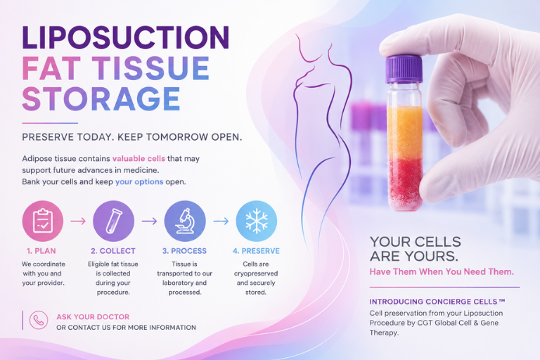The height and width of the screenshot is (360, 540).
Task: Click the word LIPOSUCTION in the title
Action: tap(125, 37)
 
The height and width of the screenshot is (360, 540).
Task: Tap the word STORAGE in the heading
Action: tap(101, 98)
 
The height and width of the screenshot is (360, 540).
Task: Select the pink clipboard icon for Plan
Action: tap(43, 221)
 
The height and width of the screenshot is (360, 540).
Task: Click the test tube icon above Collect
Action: tap(114, 221)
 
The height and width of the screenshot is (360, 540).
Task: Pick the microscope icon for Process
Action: tap(185, 221)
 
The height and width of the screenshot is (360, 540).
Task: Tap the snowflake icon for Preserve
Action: tap(257, 221)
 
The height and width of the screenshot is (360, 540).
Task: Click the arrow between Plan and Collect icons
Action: tap(78, 221)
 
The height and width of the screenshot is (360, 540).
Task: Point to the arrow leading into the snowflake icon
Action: tap(221, 221)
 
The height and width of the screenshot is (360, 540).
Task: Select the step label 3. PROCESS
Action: tap(185, 251)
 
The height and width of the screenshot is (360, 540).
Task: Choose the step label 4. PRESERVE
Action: tap(256, 251)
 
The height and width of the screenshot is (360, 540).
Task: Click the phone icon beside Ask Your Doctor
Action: tap(39, 320)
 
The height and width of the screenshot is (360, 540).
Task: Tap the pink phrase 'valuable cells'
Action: tap(139, 158)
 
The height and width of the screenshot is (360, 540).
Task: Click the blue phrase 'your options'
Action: tap(139, 181)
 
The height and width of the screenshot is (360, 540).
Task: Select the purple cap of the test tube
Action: tap(404, 69)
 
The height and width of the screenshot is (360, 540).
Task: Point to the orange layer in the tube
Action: tap(405, 132)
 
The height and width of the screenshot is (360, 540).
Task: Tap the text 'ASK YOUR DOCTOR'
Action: tap(93, 317)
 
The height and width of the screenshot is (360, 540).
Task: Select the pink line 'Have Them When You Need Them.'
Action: tap(442, 272)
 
